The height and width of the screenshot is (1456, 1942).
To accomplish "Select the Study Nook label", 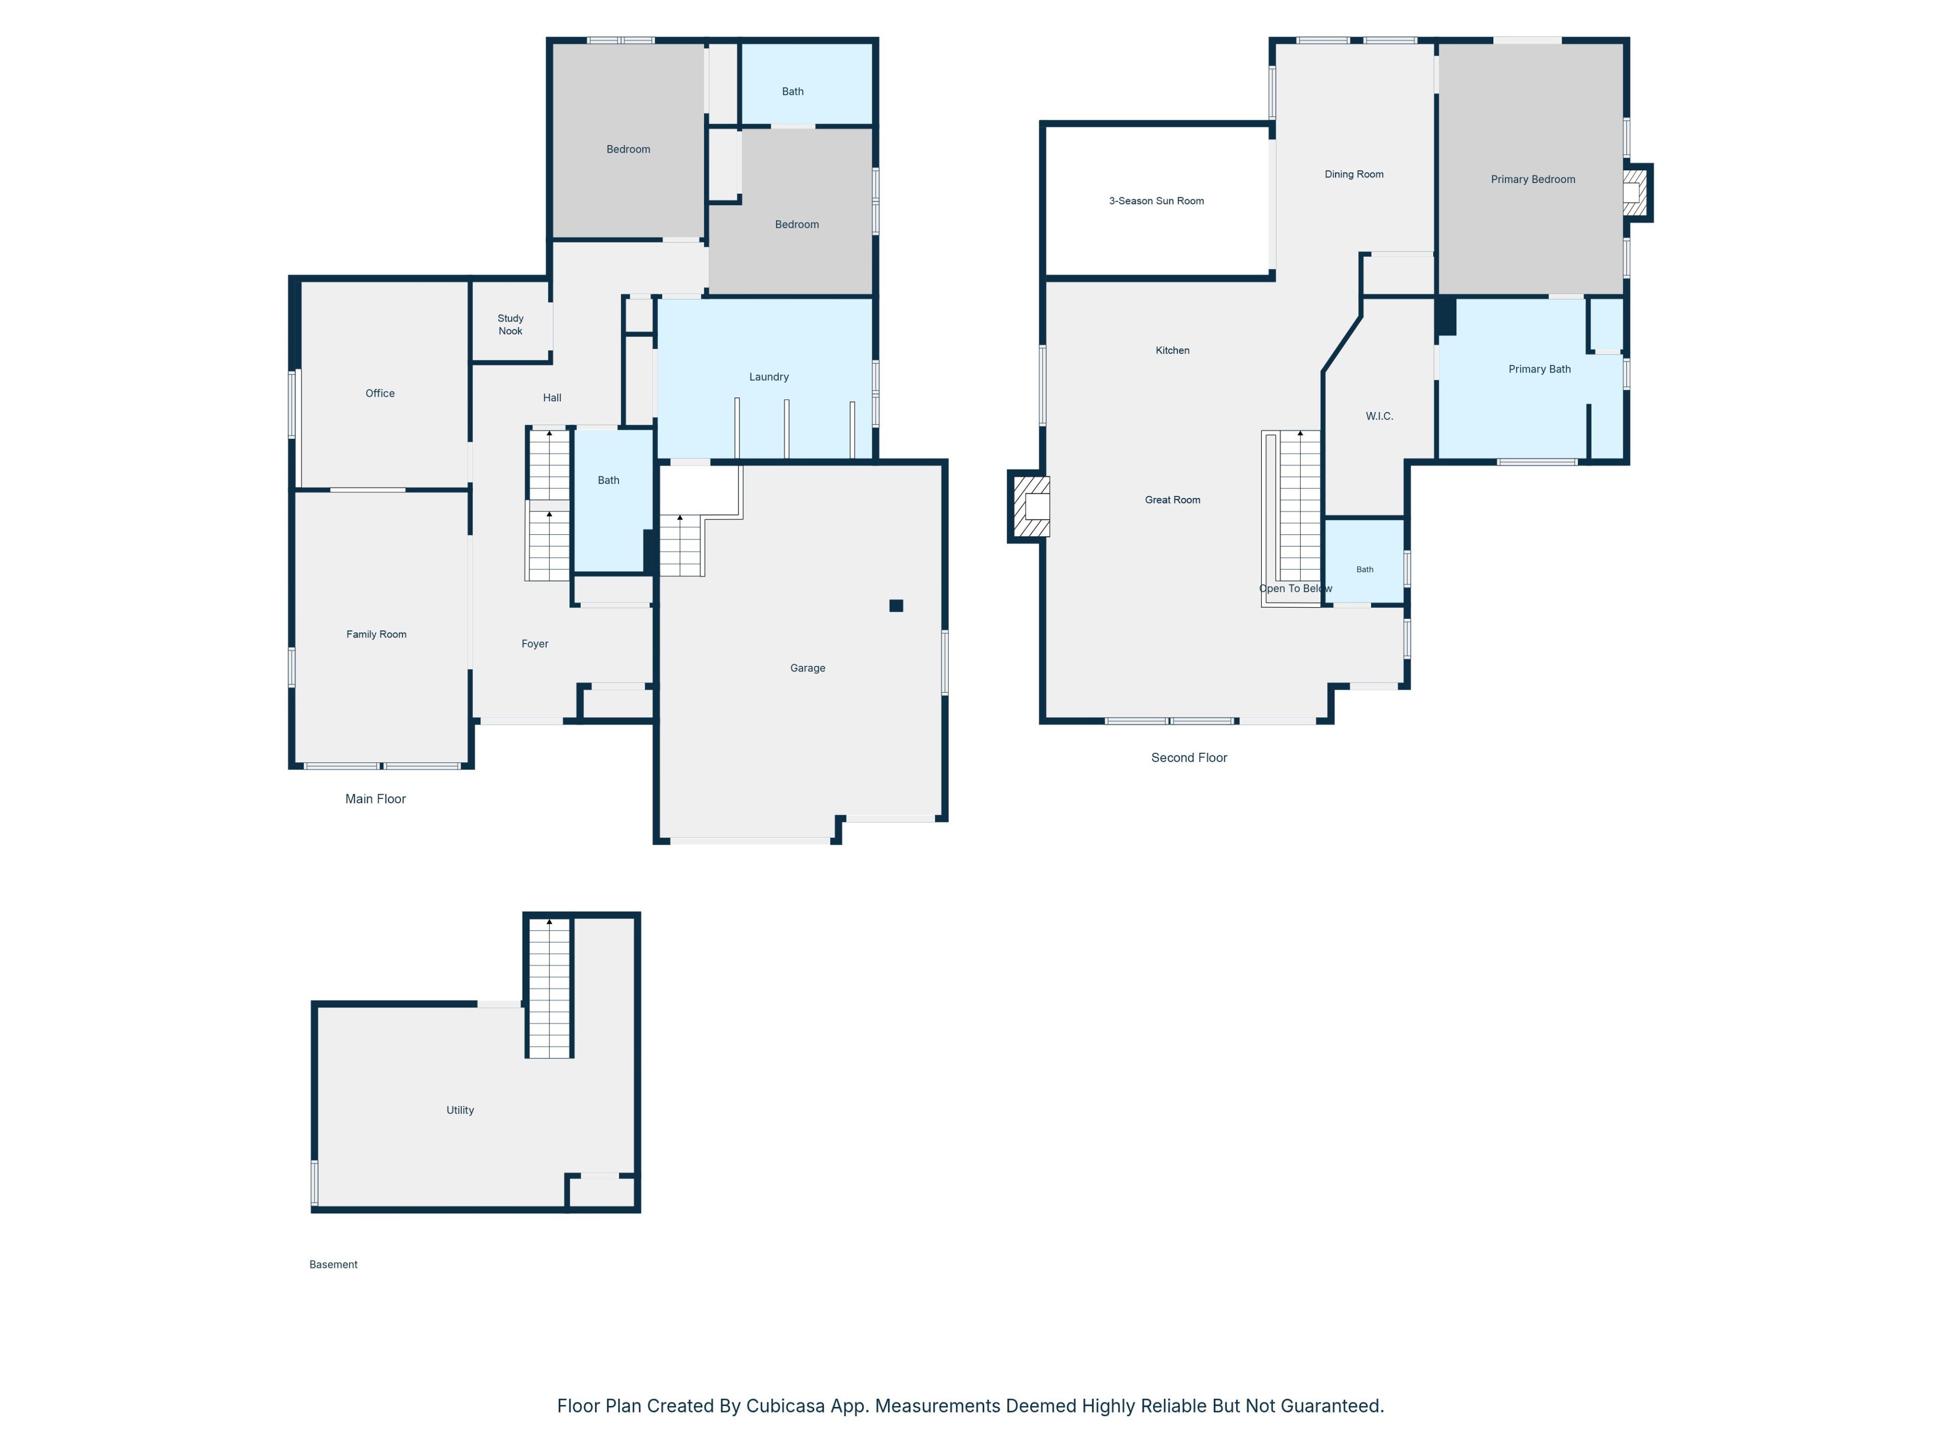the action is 510,325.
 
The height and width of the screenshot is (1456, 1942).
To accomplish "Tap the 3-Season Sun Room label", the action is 1156,201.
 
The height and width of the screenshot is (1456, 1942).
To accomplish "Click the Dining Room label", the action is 1354,174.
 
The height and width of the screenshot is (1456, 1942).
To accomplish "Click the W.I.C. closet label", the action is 1379,416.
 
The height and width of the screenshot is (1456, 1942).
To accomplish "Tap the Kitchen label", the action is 1172,351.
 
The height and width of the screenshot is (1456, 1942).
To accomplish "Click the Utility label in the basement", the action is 460,1110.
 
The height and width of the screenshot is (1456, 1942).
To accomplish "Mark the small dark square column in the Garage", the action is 896,606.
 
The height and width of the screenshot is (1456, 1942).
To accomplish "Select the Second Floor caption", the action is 1189,757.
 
